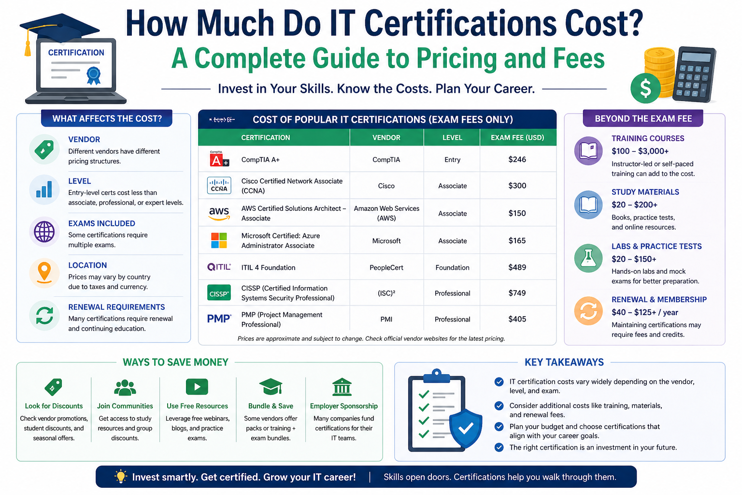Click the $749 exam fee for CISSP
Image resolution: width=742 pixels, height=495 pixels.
click(517, 293)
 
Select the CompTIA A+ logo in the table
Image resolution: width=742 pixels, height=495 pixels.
click(219, 159)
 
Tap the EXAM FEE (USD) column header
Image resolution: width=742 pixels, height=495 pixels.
click(517, 138)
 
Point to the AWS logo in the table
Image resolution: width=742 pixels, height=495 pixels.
click(219, 214)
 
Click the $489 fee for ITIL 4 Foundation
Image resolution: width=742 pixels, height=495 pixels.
click(517, 267)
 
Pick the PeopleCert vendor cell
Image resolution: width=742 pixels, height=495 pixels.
click(386, 267)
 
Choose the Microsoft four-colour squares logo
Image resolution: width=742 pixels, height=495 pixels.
click(219, 240)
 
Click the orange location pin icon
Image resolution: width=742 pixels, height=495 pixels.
click(44, 273)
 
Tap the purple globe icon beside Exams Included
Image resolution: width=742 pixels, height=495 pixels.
click(44, 232)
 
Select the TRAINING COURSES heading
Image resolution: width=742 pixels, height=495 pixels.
click(648, 138)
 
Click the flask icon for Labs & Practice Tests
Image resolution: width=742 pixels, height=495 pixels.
click(588, 258)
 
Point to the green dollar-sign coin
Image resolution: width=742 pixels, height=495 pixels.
click(645, 88)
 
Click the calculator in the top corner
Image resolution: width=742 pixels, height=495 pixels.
click(694, 74)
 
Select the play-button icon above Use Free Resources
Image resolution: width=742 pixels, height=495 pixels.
click(197, 387)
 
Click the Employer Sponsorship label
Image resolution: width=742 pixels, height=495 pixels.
click(343, 406)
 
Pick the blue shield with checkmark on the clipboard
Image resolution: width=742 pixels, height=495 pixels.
click(465, 429)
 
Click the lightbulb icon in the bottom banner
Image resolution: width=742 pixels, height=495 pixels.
click(121, 477)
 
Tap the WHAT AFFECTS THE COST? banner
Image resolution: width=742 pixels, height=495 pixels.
click(107, 118)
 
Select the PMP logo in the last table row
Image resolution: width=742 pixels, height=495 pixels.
click(219, 319)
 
